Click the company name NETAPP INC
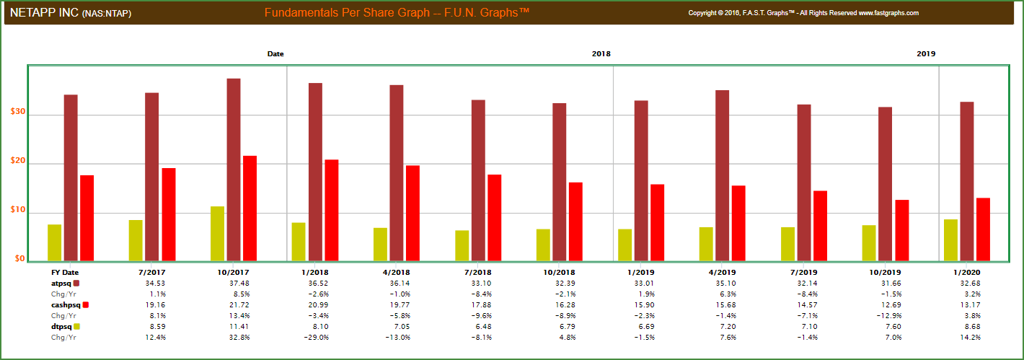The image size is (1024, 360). [44, 13]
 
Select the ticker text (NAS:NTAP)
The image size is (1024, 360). [107, 14]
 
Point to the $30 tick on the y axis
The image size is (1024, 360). [18, 113]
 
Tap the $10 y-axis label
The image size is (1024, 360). [18, 211]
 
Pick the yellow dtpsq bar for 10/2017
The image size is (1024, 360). [217, 233]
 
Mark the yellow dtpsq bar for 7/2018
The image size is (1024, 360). [462, 245]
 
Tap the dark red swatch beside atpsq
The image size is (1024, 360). [76, 283]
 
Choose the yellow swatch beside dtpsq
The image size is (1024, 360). [77, 327]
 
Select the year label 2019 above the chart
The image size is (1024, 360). [926, 54]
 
